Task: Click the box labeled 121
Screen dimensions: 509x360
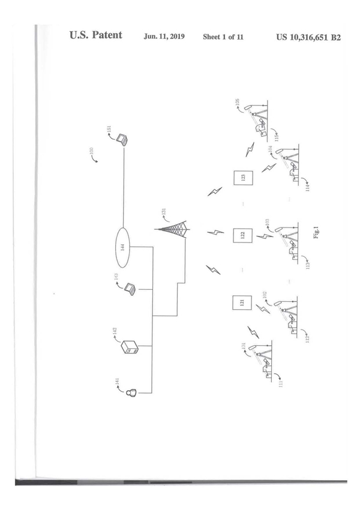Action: [x=242, y=303]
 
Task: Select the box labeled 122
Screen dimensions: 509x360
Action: [x=242, y=235]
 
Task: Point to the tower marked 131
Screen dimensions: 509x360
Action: [x=176, y=231]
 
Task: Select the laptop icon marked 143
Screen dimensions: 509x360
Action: [x=129, y=289]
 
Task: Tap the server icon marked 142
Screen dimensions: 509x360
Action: [x=130, y=347]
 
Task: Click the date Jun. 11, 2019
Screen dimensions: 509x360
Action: [x=164, y=37]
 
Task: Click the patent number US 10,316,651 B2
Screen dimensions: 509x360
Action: [x=308, y=37]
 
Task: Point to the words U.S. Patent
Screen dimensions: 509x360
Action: [x=96, y=35]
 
